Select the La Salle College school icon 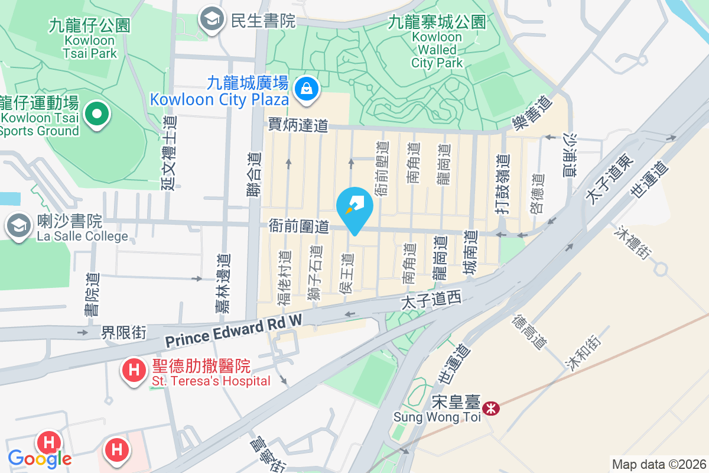tap(19, 225)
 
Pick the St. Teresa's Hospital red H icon tap(134, 371)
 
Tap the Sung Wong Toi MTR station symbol tap(490, 407)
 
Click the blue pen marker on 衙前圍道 tap(354, 207)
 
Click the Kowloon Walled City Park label tap(437, 42)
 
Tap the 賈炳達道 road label tap(298, 125)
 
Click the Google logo tap(40, 458)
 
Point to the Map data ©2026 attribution tap(659, 464)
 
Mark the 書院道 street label tap(93, 294)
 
